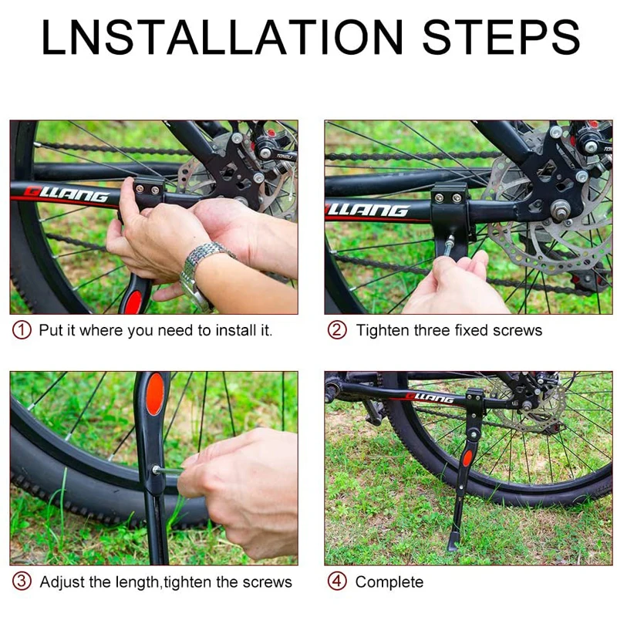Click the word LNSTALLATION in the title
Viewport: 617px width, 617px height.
pyautogui.click(x=222, y=36)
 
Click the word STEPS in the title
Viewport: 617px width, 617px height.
pyautogui.click(x=501, y=36)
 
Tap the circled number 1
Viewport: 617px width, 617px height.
pyautogui.click(x=22, y=330)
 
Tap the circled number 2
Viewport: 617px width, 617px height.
pyautogui.click(x=337, y=330)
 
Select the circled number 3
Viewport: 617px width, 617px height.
pyautogui.click(x=22, y=582)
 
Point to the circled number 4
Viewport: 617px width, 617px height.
pyautogui.click(x=337, y=582)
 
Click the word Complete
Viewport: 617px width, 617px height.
pyautogui.click(x=389, y=582)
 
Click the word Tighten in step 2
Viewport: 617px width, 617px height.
pyautogui.click(x=383, y=331)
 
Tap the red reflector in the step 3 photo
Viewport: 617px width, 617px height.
pyautogui.click(x=155, y=394)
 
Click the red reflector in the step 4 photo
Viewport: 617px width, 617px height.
pyautogui.click(x=467, y=458)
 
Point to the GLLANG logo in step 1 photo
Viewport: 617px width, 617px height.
pyautogui.click(x=66, y=194)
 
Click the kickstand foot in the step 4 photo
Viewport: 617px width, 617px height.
pyautogui.click(x=453, y=542)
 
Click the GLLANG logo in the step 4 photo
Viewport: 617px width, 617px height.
pyautogui.click(x=430, y=398)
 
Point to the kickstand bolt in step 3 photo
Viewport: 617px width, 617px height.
pyautogui.click(x=157, y=470)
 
